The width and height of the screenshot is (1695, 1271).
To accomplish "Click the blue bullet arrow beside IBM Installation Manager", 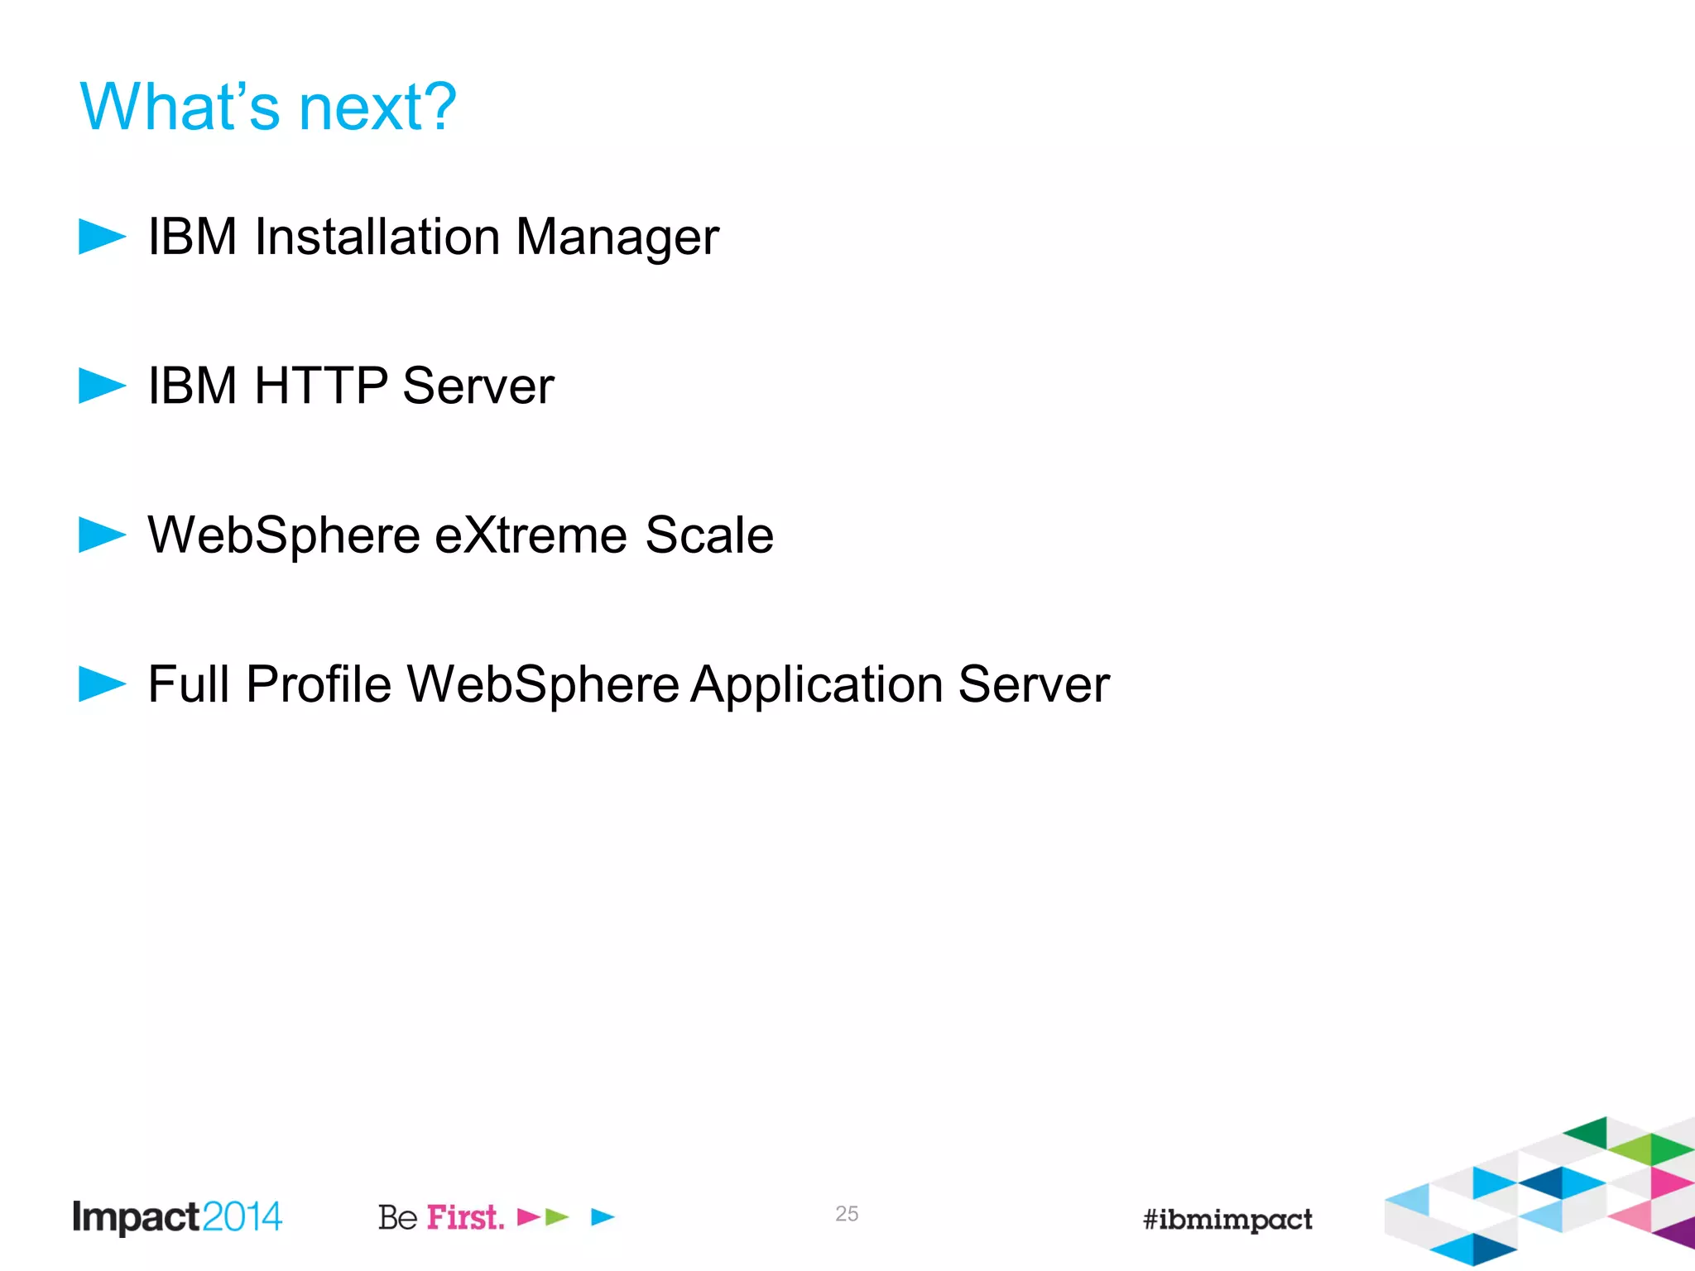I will tap(102, 237).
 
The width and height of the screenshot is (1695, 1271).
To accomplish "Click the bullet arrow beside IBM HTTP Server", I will tap(102, 386).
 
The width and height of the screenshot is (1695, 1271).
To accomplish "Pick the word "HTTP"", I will tap(320, 386).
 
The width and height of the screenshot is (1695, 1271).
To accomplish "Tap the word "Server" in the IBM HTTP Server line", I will tap(478, 386).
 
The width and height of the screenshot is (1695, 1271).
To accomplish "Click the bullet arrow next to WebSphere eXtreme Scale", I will tap(102, 535).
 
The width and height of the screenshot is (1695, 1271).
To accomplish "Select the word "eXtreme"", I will tap(531, 535).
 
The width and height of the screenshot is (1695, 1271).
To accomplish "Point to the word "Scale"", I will tap(709, 535).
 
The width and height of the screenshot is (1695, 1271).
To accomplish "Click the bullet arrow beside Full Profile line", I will tap(102, 684).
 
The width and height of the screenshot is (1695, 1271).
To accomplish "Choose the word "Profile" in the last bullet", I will tap(319, 685).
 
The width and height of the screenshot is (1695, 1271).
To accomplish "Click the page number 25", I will tap(847, 1214).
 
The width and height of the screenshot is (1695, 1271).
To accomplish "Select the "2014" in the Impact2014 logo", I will tap(242, 1217).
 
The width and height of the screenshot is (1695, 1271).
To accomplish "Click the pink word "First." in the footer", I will tap(465, 1217).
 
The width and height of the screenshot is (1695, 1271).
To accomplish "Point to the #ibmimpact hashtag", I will tap(1227, 1220).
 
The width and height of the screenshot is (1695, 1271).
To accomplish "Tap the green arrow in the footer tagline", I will tap(557, 1217).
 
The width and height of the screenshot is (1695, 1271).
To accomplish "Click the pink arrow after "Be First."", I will tap(528, 1217).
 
